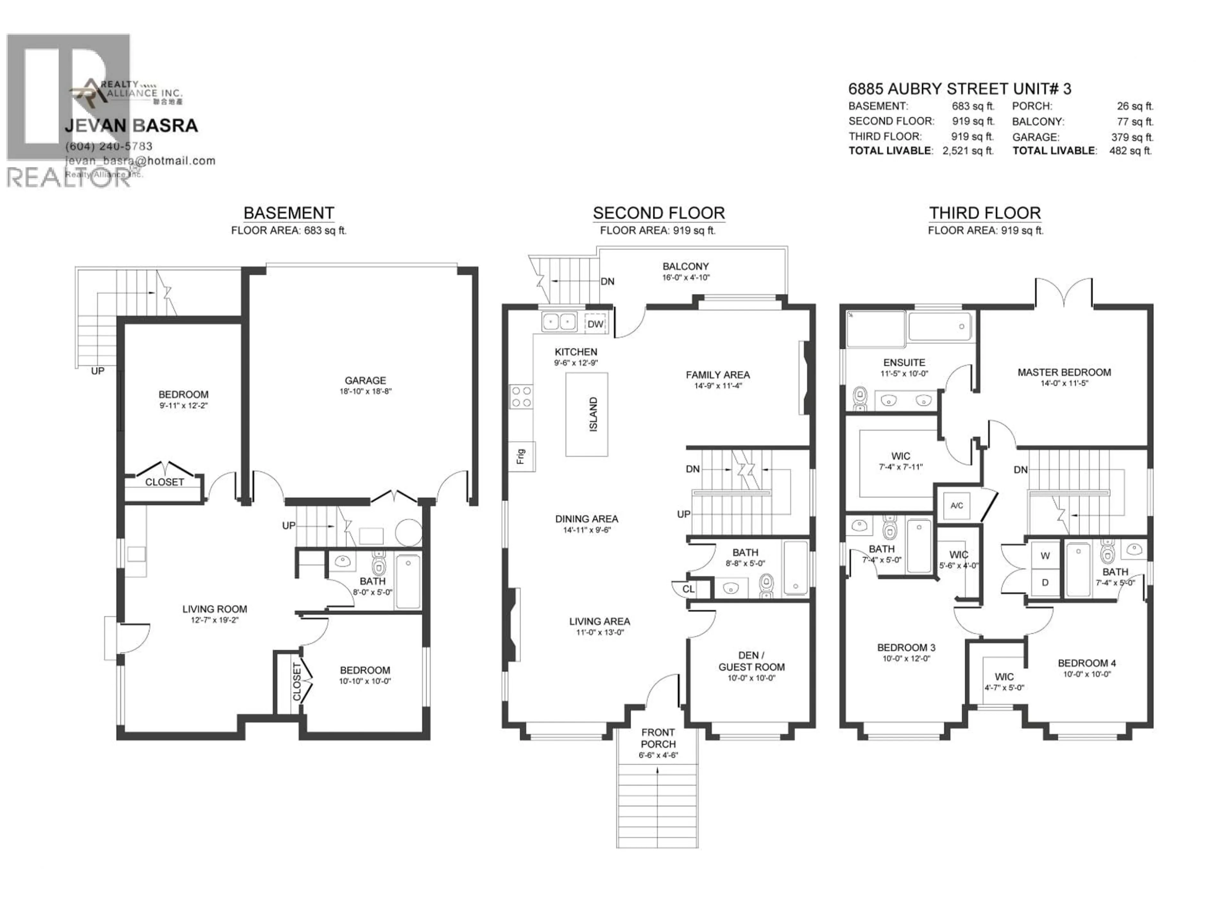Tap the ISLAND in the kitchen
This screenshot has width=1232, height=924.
[586, 415]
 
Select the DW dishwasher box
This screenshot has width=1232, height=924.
[595, 324]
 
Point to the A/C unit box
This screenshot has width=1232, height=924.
[956, 506]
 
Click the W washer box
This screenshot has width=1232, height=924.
[1045, 555]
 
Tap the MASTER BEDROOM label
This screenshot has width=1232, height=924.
[1064, 372]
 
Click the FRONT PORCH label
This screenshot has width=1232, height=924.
[658, 738]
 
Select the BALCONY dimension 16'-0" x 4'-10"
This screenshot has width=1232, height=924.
[686, 278]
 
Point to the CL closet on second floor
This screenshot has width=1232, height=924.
[689, 589]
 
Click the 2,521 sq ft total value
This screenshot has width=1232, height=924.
[967, 150]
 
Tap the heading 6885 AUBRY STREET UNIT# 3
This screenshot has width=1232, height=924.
[959, 89]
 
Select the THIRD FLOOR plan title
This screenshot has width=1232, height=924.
[985, 213]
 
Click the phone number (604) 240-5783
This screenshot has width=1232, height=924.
[109, 146]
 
